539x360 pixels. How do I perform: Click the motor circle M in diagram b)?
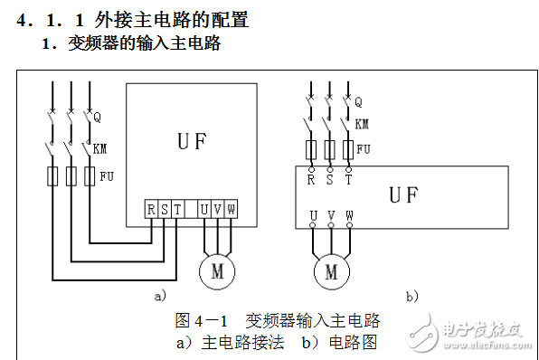click(330, 270)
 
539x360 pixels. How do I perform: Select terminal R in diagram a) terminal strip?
click(151, 210)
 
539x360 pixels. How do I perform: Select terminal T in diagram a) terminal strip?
click(177, 210)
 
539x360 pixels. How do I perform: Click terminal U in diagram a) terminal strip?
click(203, 210)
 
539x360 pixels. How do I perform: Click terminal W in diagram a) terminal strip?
click(231, 210)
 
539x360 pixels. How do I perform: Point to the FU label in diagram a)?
click(107, 175)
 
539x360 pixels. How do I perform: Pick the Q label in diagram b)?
click(359, 101)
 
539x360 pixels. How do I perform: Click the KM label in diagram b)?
click(362, 123)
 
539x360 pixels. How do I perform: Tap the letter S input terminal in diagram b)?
click(329, 178)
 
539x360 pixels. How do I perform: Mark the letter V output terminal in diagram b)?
click(330, 216)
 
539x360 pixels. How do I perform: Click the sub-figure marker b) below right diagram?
click(412, 295)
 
